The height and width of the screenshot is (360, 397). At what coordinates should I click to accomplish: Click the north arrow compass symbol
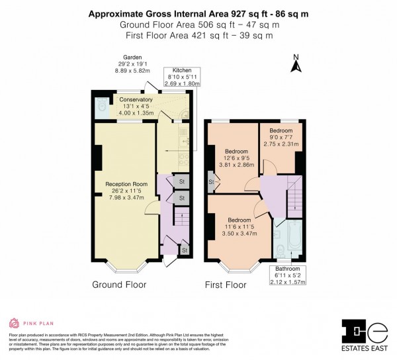pos(295,64)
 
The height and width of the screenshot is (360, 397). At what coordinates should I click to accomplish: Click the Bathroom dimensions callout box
pos(283,275)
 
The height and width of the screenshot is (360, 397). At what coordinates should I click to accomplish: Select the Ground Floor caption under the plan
pos(119,285)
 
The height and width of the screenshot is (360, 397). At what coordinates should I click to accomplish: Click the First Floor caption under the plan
pos(224,285)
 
